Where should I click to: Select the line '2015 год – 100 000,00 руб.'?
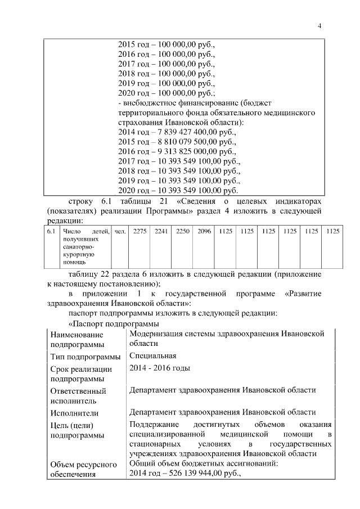click(166, 44)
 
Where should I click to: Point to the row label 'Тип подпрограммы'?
click(85, 357)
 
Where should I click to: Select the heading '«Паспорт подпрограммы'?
click(108, 324)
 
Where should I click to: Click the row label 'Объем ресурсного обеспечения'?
click(83, 470)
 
